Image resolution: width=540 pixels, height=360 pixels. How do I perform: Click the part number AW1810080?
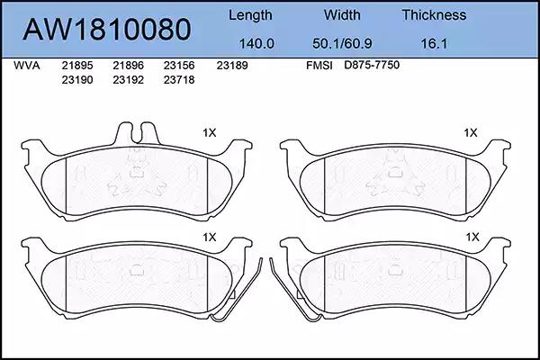click(x=107, y=30)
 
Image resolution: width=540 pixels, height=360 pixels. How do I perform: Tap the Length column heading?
click(x=250, y=15)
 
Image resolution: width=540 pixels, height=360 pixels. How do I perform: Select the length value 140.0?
click(x=256, y=44)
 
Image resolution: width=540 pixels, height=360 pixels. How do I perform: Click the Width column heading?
click(x=342, y=14)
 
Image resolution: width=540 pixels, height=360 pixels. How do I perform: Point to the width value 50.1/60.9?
click(x=342, y=44)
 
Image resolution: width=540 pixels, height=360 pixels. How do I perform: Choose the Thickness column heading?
click(x=434, y=14)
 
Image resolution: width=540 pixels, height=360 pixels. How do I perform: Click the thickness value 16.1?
click(x=434, y=44)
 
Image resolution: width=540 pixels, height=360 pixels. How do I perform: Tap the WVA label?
click(x=27, y=66)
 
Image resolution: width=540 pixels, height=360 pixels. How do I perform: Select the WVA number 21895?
click(x=77, y=66)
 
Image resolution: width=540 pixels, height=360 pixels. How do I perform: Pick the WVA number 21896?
click(x=128, y=66)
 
